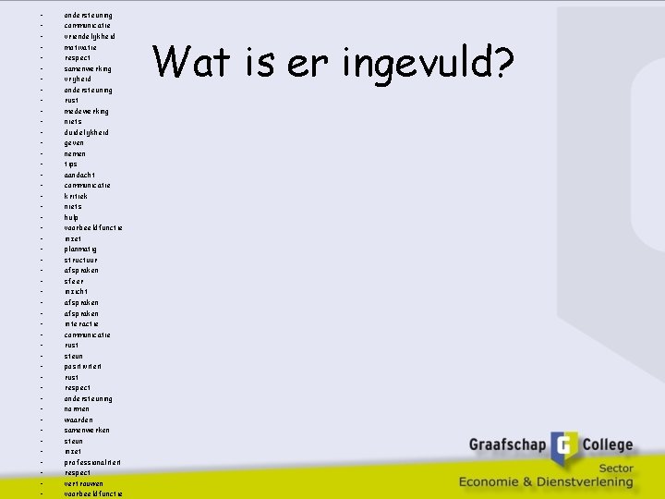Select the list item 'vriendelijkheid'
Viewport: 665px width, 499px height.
click(90, 36)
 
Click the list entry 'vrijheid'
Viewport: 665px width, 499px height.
click(78, 79)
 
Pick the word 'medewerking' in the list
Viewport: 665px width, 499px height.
click(86, 111)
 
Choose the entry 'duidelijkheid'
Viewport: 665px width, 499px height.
click(86, 132)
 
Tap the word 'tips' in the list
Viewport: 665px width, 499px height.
click(70, 164)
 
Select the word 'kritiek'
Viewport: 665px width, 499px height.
click(76, 196)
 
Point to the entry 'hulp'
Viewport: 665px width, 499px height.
click(72, 217)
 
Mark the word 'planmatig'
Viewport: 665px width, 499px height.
click(80, 249)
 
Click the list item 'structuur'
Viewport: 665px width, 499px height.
click(80, 260)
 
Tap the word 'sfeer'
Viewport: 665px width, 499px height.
click(74, 281)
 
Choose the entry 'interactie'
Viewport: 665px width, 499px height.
click(82, 323)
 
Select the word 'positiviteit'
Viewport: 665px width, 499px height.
click(83, 367)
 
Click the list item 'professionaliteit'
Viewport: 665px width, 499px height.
click(93, 462)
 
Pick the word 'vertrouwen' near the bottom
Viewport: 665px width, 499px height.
click(83, 483)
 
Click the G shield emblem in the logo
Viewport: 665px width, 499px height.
click(565, 448)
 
